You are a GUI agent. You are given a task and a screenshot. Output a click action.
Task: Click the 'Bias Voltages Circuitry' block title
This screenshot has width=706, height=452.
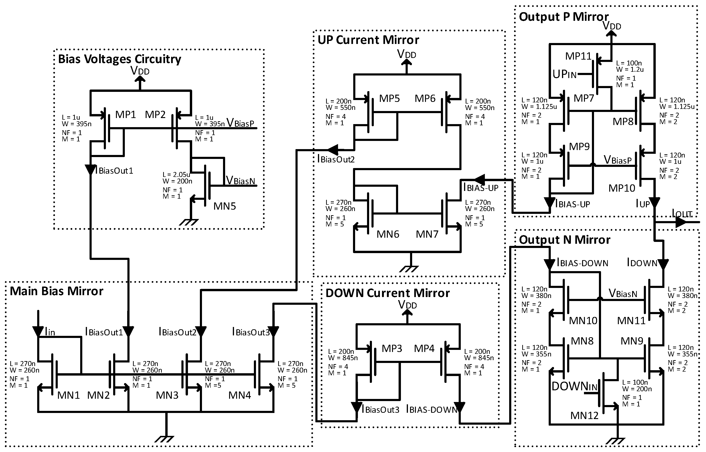pos(119,59)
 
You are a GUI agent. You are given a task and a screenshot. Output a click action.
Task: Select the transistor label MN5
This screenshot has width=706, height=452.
pos(225,206)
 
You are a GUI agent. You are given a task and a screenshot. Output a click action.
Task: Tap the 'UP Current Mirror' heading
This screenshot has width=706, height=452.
pos(368,40)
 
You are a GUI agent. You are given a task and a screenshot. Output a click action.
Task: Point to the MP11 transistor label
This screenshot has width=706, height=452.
pos(578,56)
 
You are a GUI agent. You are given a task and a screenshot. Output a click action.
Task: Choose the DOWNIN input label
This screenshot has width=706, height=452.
pos(574,387)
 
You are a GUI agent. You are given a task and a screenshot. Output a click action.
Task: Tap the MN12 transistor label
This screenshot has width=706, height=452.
pos(584,415)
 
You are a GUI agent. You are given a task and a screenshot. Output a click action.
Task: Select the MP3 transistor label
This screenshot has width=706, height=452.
pos(392,348)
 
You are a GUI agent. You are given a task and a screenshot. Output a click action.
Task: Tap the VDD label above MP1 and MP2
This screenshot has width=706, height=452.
pos(140,71)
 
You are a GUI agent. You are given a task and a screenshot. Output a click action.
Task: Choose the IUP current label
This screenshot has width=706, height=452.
pos(643,204)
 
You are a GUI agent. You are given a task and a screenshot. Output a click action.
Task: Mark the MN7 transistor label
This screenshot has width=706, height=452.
pos(427,234)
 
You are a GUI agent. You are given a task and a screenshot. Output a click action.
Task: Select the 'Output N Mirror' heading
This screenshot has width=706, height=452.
pos(564,240)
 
